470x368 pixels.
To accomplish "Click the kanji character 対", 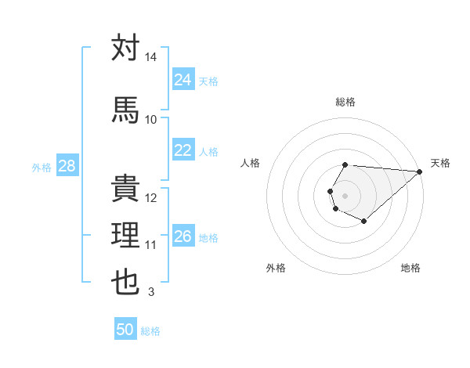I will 126,48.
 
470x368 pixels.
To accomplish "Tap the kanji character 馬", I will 126,109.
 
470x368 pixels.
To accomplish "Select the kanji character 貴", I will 126,188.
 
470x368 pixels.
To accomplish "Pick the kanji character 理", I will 126,235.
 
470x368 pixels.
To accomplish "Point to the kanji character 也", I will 126,282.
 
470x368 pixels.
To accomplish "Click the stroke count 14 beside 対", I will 151,58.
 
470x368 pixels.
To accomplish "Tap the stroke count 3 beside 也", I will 150,293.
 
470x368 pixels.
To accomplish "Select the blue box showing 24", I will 183,80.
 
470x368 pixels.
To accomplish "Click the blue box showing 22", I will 183,150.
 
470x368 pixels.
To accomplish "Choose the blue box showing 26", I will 183,236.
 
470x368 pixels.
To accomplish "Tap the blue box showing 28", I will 67,166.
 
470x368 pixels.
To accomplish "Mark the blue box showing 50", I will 125,330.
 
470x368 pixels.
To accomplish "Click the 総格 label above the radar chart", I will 345,102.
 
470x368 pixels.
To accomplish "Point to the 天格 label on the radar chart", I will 441,163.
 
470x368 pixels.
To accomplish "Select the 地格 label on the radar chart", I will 410,268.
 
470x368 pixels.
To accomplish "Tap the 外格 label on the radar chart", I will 276,268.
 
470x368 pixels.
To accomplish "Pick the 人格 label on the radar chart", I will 251,163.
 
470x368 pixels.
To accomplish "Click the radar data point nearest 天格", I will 420,171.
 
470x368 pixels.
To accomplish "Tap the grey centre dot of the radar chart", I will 345,194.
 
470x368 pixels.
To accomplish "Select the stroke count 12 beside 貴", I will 151,198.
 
